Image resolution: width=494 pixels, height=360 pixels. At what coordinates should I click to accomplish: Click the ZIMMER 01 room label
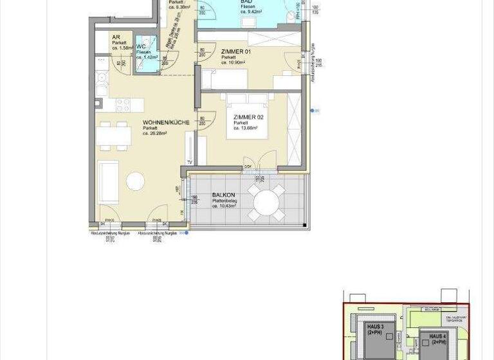pyautogui.click(x=235, y=51)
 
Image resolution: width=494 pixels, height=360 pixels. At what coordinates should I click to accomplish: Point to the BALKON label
pyautogui.click(x=223, y=195)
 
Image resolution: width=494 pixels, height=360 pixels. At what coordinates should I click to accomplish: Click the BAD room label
pyautogui.click(x=246, y=2)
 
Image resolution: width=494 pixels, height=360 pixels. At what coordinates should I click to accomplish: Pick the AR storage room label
pyautogui.click(x=116, y=38)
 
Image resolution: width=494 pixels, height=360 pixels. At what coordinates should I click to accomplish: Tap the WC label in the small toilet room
pyautogui.click(x=141, y=47)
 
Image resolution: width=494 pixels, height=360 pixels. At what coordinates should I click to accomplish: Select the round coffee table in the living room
pyautogui.click(x=136, y=181)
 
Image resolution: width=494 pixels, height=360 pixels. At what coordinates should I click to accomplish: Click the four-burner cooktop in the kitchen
pyautogui.click(x=123, y=104)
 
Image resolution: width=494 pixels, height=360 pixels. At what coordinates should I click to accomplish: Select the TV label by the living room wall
pyautogui.click(x=190, y=162)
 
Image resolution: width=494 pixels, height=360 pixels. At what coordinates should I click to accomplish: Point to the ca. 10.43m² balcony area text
pyautogui.click(x=224, y=206)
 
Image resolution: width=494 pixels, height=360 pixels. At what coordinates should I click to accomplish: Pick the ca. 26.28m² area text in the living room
pyautogui.click(x=155, y=134)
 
